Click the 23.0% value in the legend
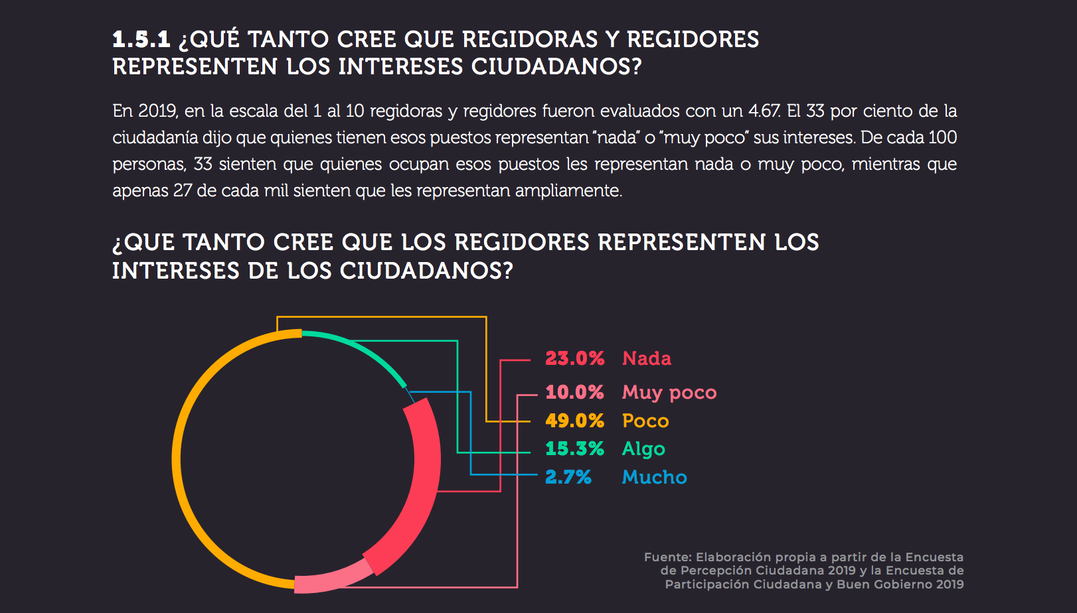(574, 358)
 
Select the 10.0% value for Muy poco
(574, 392)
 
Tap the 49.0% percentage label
(574, 421)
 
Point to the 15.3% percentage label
(574, 448)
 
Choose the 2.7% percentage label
(568, 477)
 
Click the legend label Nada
(646, 358)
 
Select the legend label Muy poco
(669, 392)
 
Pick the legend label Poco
(645, 421)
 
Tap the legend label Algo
(643, 448)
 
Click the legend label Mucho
(654, 477)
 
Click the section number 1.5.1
(141, 39)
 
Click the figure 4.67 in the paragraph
(764, 111)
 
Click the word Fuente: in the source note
(667, 557)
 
